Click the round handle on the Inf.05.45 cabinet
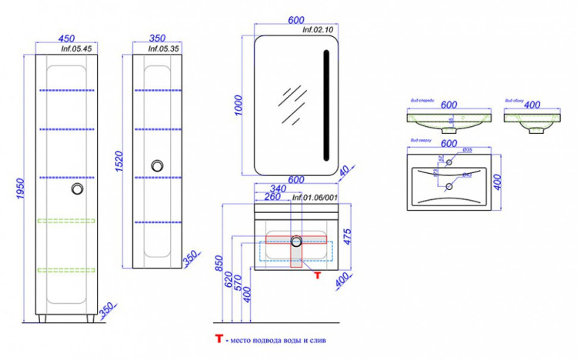pyautogui.click(x=77, y=188)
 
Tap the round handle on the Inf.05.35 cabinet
pyautogui.click(x=158, y=165)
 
